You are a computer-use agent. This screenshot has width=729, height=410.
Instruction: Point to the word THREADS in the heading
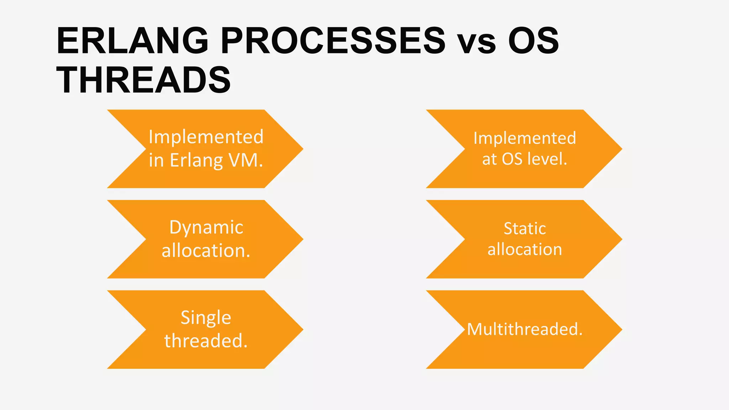point(143,80)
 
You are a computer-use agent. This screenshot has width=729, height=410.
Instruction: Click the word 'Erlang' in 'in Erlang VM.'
point(197,161)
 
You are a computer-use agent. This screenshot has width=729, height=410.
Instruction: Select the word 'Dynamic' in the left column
point(206,227)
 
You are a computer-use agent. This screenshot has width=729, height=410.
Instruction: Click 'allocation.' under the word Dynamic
point(206,251)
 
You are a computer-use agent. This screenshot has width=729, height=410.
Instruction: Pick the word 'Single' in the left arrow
point(206,317)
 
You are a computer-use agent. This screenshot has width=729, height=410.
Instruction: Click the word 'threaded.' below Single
point(206,341)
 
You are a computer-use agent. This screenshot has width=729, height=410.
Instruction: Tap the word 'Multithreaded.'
point(525,329)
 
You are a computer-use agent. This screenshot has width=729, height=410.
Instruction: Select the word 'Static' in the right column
point(525,228)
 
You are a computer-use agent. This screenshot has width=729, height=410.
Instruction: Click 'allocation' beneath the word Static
point(525,249)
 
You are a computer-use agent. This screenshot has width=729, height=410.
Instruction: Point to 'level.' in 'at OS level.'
point(547,159)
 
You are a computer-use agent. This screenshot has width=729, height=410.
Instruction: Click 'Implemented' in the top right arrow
point(525,138)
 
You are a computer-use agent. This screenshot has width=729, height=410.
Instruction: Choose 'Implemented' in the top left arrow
point(206,137)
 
